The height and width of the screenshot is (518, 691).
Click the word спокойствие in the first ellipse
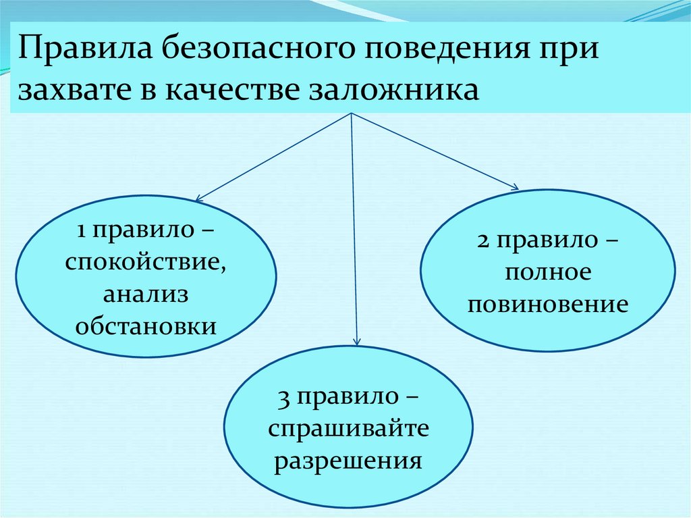click(x=146, y=262)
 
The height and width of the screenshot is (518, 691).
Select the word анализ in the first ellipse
click(x=146, y=294)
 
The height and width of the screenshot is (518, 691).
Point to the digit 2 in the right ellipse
click(x=481, y=241)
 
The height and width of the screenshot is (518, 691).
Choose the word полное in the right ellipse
click(x=547, y=273)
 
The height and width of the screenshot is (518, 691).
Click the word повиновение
click(x=548, y=305)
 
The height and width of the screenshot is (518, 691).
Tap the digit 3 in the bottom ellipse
click(x=283, y=398)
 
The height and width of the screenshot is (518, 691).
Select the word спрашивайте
click(x=349, y=429)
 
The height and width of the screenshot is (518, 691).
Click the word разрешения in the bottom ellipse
click(x=349, y=461)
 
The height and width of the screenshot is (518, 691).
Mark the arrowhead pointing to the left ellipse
click(x=198, y=199)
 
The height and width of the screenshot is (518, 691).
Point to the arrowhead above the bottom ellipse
click(x=358, y=342)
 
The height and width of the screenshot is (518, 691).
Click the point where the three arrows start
click(x=352, y=113)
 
